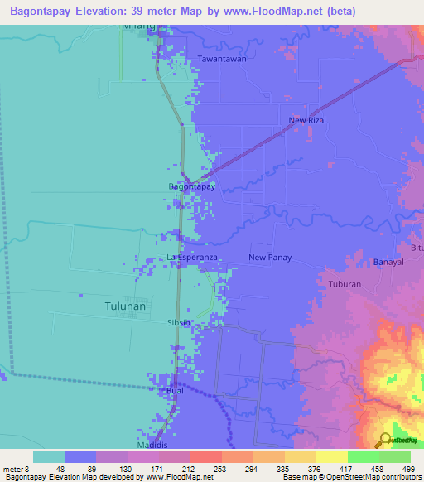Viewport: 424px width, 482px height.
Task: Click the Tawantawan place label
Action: click(222, 59)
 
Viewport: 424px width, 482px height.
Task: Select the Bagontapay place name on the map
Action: click(192, 187)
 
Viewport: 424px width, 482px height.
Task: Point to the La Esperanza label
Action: click(192, 258)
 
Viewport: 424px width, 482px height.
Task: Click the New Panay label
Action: click(269, 258)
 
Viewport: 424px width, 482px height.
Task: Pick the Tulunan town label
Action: click(125, 306)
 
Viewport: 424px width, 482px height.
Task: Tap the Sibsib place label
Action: click(180, 321)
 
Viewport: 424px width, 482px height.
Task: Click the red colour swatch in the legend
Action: click(205, 456)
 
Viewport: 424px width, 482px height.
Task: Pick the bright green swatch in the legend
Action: click(363, 456)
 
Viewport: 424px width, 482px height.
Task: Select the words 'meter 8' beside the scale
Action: click(16, 470)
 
